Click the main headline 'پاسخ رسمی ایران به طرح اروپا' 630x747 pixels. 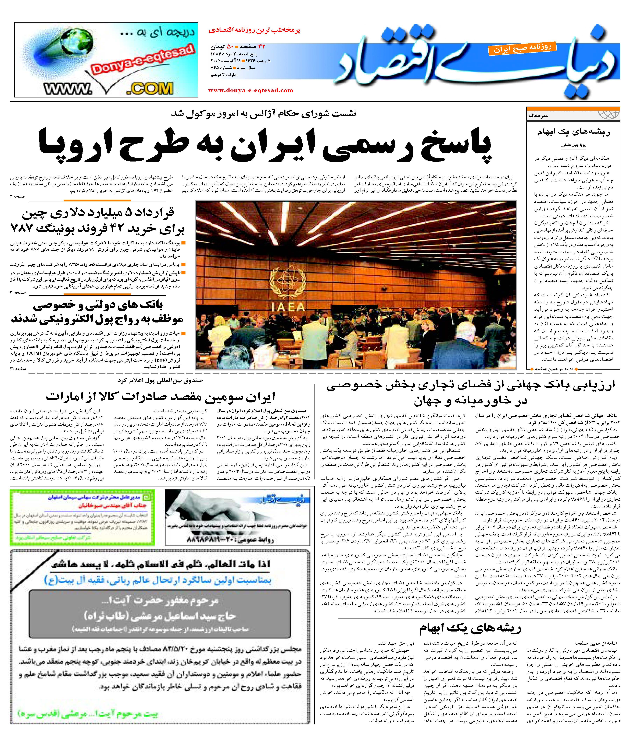pyautogui.click(x=264, y=145)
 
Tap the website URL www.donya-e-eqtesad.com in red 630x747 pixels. pyautogui.click(x=251, y=90)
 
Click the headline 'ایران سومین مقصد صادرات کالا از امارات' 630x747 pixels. pyautogui.click(x=161, y=397)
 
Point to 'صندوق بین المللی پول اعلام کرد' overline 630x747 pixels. pyautogui.click(x=160, y=380)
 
